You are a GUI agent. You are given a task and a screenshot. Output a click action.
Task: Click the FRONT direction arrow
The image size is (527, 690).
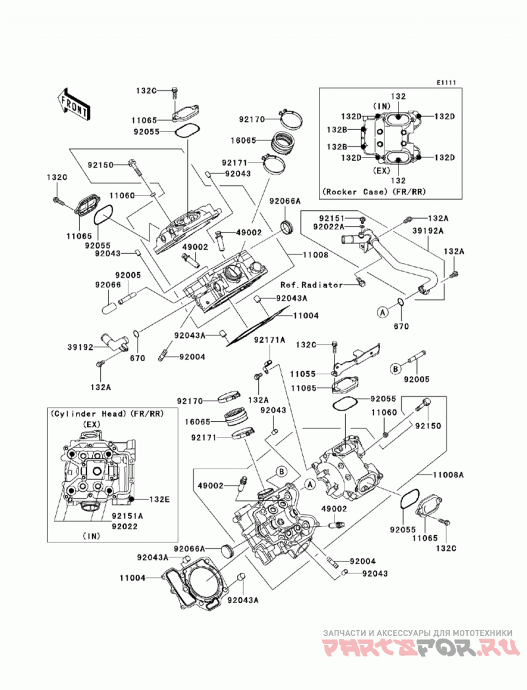click(x=74, y=104)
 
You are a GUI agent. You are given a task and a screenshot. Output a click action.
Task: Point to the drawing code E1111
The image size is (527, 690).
click(x=447, y=82)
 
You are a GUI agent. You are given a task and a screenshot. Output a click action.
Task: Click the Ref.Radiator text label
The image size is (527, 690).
click(x=312, y=285)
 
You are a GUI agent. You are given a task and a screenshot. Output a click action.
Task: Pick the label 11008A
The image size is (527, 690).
click(x=448, y=474)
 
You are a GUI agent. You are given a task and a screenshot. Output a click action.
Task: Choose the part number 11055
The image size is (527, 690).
click(x=302, y=374)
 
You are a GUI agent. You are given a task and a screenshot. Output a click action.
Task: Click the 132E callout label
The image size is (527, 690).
click(x=159, y=500)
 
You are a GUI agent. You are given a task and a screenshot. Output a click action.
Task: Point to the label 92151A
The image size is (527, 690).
click(x=127, y=516)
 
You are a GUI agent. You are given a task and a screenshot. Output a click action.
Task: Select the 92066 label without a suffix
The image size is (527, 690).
click(x=108, y=285)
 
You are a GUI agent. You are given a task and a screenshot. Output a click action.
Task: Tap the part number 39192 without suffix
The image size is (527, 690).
click(x=80, y=347)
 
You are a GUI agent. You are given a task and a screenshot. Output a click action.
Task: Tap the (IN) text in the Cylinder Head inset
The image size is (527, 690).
click(x=92, y=536)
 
